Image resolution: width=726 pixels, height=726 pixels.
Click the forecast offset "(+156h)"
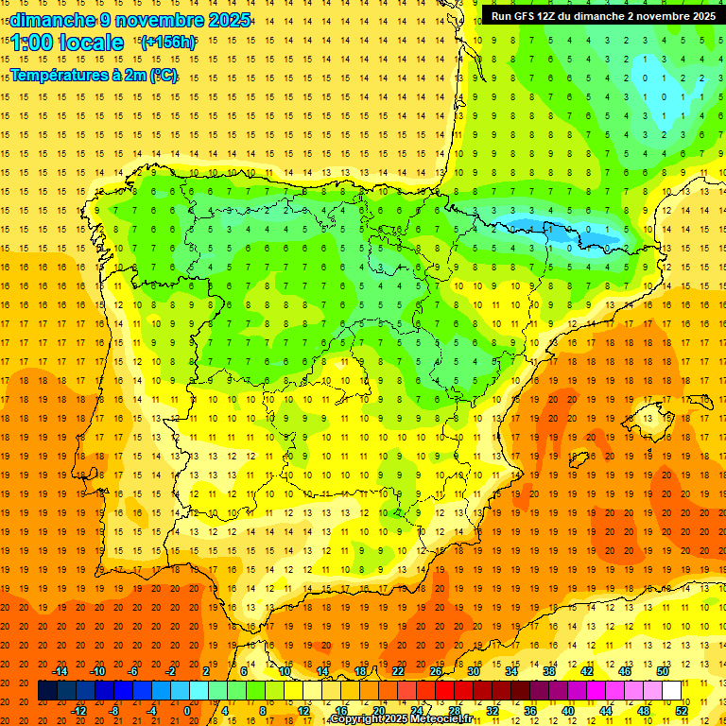point(167,42)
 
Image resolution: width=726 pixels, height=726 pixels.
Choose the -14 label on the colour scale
point(60,671)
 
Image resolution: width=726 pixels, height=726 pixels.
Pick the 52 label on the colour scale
point(682,711)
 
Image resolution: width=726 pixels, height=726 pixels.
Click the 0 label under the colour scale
point(186,711)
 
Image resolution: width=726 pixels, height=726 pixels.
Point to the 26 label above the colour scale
point(436,671)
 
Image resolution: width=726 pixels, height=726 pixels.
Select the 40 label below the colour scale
point(568,711)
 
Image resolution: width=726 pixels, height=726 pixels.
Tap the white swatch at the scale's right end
point(672,691)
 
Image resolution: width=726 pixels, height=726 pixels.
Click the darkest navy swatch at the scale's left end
point(47,691)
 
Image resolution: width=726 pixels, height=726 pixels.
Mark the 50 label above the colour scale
point(662,671)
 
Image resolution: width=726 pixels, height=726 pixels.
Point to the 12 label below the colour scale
point(302,711)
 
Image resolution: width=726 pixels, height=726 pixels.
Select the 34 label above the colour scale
point(511,671)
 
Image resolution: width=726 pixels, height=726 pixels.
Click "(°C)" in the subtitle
point(164,76)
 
